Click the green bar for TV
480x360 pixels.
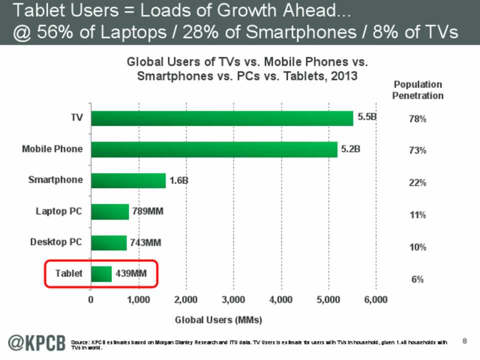pos(221,118)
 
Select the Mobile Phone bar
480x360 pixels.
pos(214,149)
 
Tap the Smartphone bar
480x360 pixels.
pos(128,180)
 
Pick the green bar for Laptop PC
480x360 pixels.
pos(109,211)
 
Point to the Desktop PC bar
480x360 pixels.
pos(108,242)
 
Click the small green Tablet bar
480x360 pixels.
pos(101,273)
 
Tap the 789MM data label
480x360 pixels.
pos(147,211)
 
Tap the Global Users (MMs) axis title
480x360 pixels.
pos(218,319)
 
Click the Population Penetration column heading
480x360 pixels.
pos(418,90)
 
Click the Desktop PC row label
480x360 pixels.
pos(56,242)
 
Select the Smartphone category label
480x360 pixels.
pos(56,180)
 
